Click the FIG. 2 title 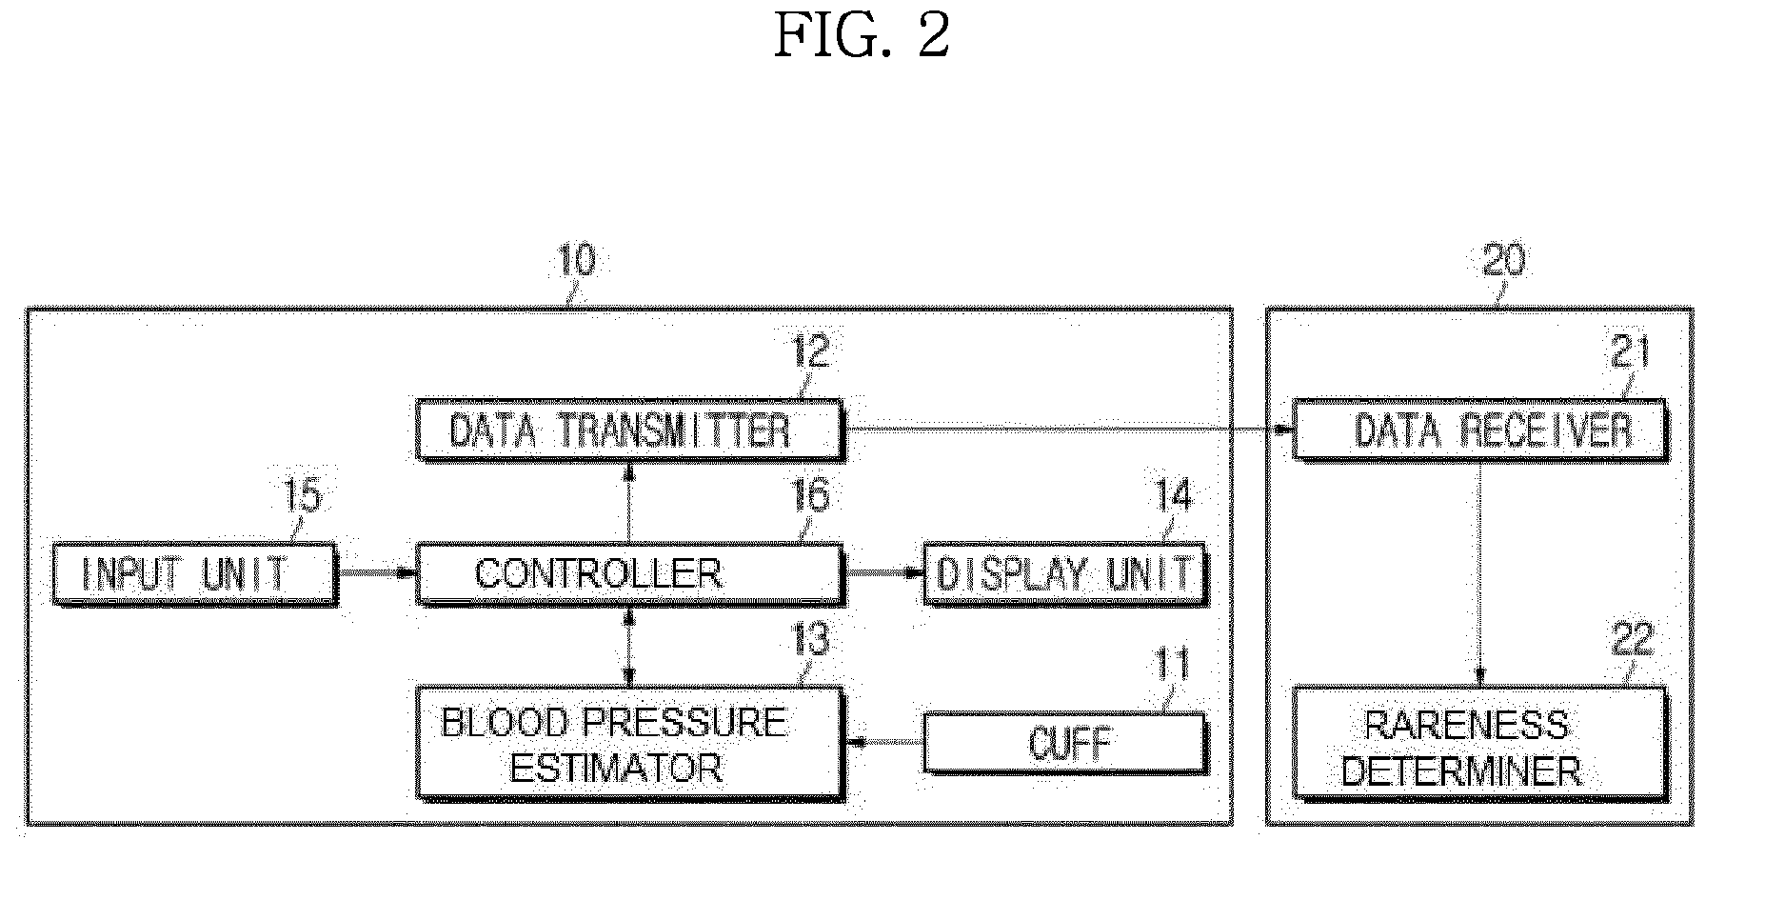pos(862,36)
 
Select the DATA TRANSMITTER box pos(630,430)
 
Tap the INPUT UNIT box pos(194,574)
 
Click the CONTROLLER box pos(630,574)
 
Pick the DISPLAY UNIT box pos(1065,574)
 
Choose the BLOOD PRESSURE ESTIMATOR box pos(630,744)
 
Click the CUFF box pos(1065,743)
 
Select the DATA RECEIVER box pos(1480,430)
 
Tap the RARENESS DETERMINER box pos(1480,744)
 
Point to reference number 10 pos(575,260)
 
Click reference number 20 pos(1504,260)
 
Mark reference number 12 pos(810,352)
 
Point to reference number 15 pos(303,495)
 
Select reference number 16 pos(810,495)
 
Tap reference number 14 pos(1173,495)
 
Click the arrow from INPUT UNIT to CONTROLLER pos(377,573)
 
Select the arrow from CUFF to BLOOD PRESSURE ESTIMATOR pos(884,743)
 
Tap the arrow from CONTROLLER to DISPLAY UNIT pos(884,573)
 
